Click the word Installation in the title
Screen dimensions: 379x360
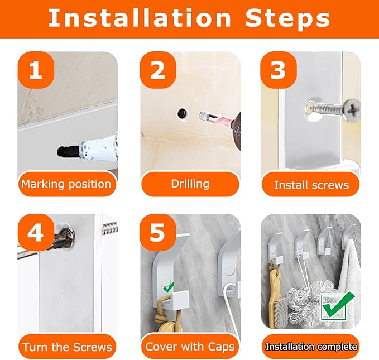tap(140, 18)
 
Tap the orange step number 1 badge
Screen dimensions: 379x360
tap(36, 70)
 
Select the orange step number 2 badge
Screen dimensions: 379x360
tap(158, 70)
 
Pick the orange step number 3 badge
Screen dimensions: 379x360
tap(279, 70)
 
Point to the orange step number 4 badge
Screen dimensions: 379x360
tap(36, 233)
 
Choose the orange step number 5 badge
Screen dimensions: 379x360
tap(158, 233)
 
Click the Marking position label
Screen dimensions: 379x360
tap(66, 184)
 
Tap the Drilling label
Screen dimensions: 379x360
tap(190, 184)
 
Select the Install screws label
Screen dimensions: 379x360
tap(311, 185)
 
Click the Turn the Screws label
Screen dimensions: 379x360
tap(67, 347)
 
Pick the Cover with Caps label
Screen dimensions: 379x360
tap(190, 347)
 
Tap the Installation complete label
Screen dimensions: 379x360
tap(311, 347)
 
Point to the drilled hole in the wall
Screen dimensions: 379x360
tap(183, 113)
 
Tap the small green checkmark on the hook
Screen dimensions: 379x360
tap(169, 286)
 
